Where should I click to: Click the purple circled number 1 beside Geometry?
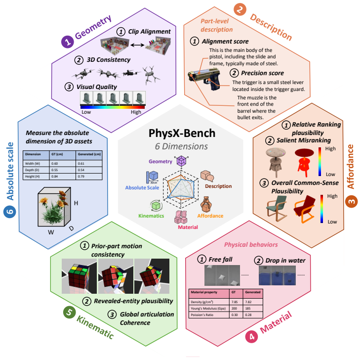pyautogui.click(x=68, y=42)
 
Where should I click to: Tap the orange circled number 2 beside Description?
pyautogui.click(x=240, y=9)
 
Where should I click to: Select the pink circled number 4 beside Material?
pyautogui.click(x=251, y=337)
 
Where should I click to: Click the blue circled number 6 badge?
pyautogui.click(x=10, y=212)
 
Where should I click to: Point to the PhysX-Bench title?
pyautogui.click(x=182, y=133)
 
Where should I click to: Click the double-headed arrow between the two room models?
pyautogui.click(x=137, y=45)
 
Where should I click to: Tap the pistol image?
pyautogui.click(x=204, y=79)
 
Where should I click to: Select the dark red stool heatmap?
pyautogui.click(x=304, y=162)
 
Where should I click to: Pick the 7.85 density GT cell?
pyautogui.click(x=234, y=302)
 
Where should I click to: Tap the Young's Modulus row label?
pyautogui.click(x=208, y=309)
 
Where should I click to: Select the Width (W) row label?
pyautogui.click(x=33, y=163)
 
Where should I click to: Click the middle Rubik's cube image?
pyautogui.click(x=116, y=276)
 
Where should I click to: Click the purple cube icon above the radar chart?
pyautogui.click(x=181, y=161)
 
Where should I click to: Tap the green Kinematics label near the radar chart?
pyautogui.click(x=151, y=216)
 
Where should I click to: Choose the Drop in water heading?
pyautogui.click(x=285, y=261)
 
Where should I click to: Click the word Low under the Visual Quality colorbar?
pyautogui.click(x=86, y=112)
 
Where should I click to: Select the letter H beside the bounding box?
pyautogui.click(x=76, y=203)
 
